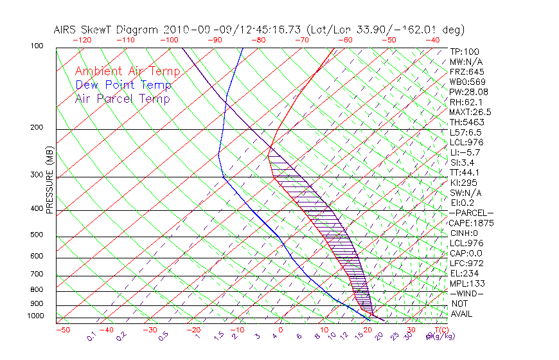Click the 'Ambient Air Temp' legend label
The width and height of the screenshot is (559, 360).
click(x=127, y=71)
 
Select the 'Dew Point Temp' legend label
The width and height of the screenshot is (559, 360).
click(x=123, y=85)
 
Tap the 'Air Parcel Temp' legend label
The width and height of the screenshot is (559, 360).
click(x=122, y=98)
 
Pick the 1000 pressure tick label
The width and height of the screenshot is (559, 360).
click(x=36, y=316)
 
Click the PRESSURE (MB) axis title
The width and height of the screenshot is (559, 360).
click(x=49, y=181)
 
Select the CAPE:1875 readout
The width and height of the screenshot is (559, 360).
click(x=470, y=223)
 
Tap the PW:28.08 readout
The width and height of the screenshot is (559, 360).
click(x=468, y=92)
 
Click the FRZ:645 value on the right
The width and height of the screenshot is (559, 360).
click(x=466, y=72)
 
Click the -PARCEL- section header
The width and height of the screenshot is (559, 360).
click(x=471, y=213)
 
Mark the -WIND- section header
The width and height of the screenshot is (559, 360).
click(x=466, y=293)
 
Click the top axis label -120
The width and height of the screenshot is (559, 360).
click(x=82, y=40)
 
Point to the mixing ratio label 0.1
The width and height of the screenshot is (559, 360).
click(x=92, y=335)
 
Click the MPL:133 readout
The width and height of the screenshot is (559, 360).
click(x=466, y=283)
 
